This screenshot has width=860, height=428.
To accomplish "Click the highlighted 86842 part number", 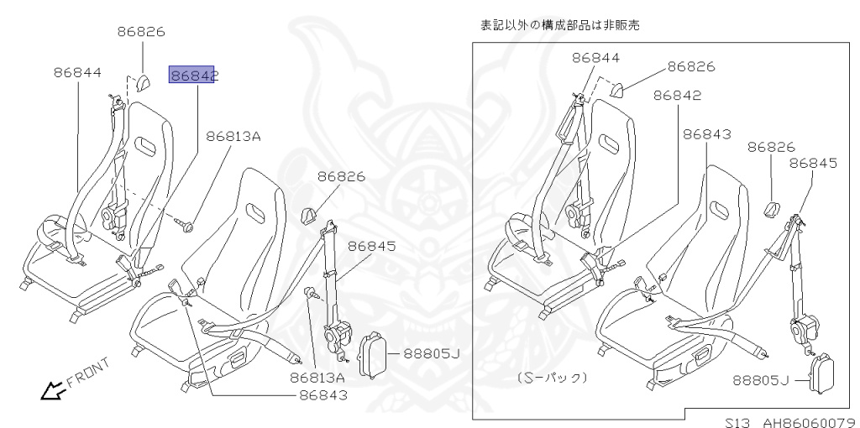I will click(x=193, y=76).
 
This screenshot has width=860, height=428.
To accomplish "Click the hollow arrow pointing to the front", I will click(x=53, y=389).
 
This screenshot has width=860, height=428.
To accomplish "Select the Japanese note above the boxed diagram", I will click(x=559, y=25).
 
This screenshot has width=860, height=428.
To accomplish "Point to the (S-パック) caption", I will click(x=552, y=377).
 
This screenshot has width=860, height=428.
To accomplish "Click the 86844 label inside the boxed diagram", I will click(x=596, y=58).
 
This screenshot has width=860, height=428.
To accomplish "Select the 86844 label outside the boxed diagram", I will click(x=77, y=73).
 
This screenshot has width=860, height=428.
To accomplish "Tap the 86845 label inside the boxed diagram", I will click(x=813, y=164).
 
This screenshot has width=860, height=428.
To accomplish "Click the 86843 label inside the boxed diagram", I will click(x=706, y=134).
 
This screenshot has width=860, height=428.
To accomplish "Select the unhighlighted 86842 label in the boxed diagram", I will click(x=676, y=96).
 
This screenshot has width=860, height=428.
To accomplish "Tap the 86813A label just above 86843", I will click(x=317, y=378).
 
